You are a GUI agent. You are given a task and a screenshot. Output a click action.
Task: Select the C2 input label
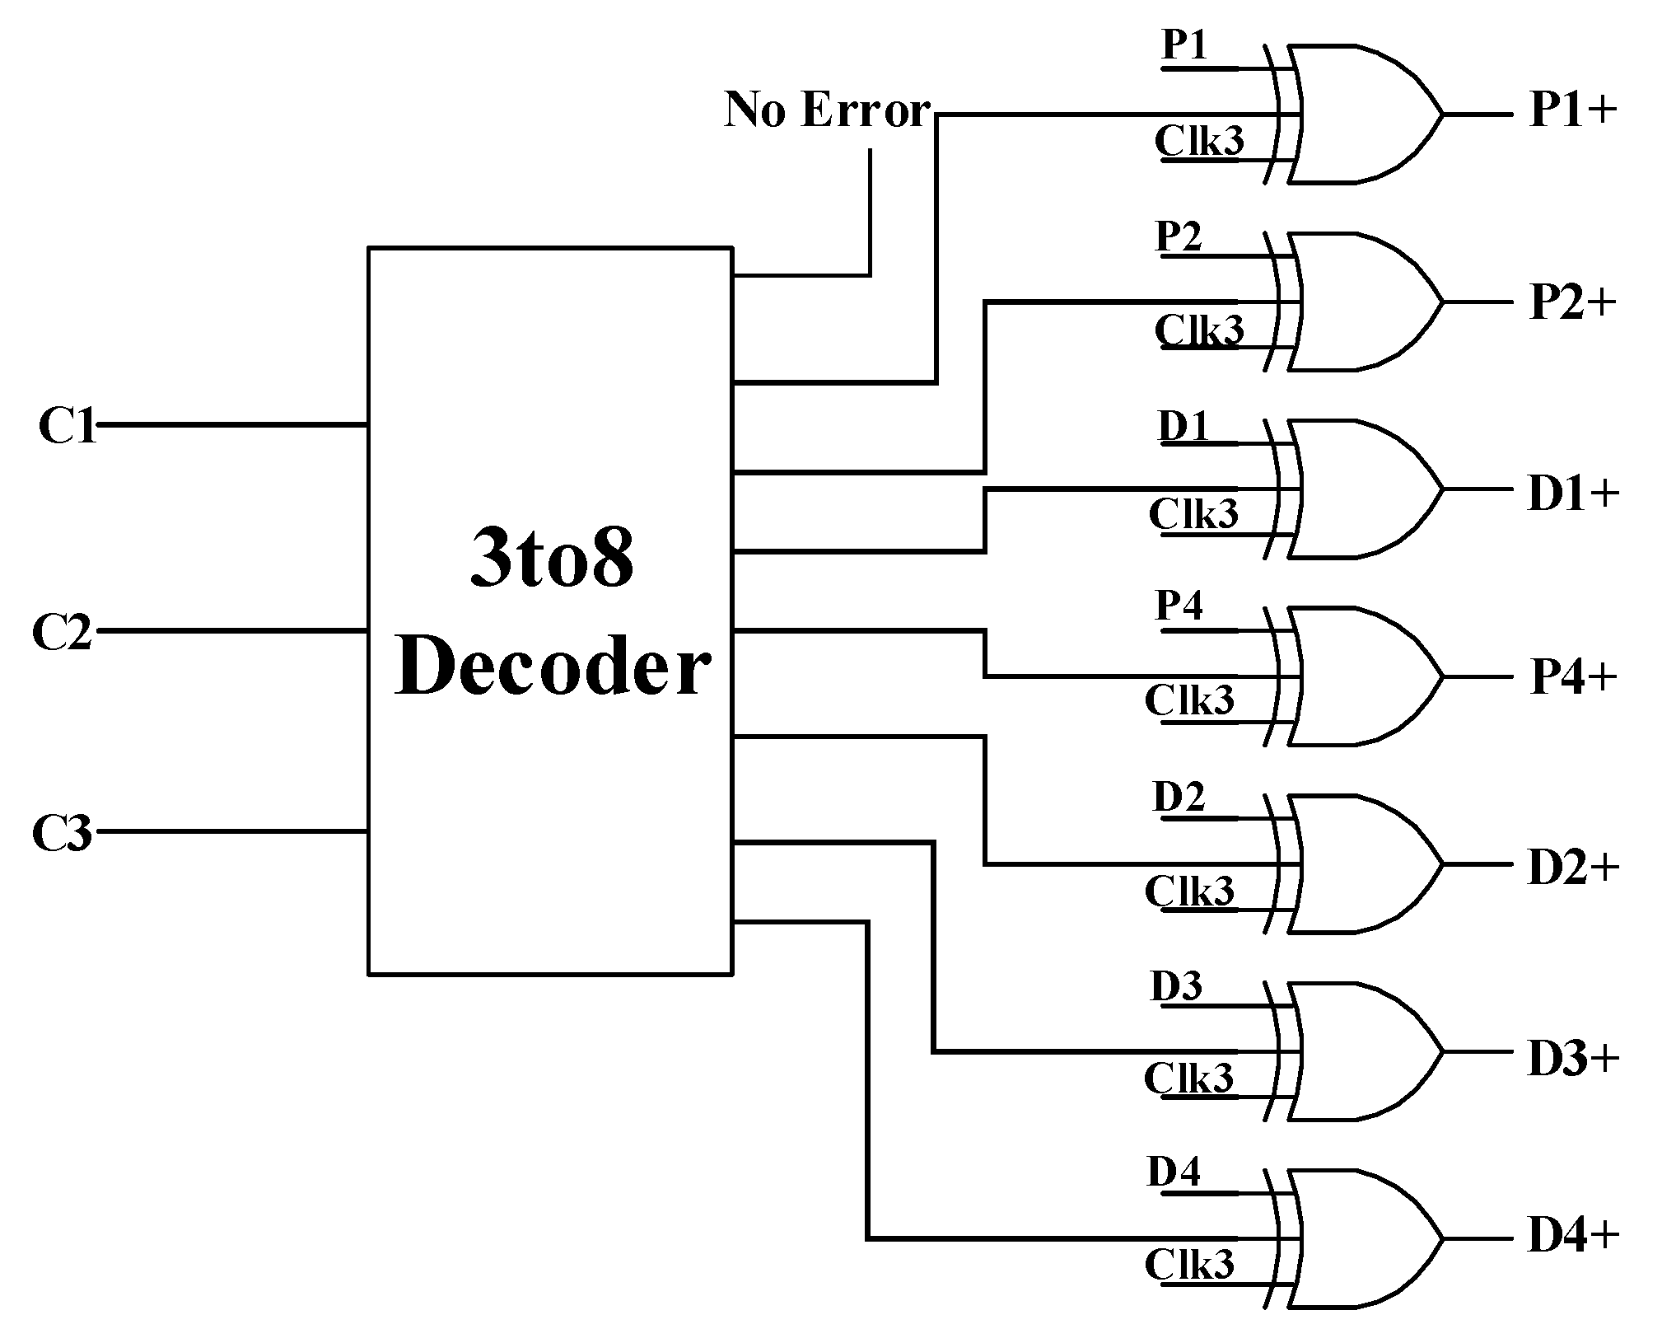click(62, 633)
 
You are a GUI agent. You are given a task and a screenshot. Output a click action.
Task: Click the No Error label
click(827, 110)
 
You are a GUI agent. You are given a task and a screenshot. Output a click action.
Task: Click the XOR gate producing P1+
click(1359, 114)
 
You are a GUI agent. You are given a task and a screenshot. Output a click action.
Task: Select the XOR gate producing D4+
click(1359, 1238)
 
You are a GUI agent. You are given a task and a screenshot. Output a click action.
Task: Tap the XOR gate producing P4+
click(1359, 677)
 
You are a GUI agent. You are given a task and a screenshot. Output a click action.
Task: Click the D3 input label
click(1176, 987)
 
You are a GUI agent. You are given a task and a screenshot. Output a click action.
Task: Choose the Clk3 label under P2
click(1198, 330)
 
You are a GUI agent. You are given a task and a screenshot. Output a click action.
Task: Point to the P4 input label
click(1179, 606)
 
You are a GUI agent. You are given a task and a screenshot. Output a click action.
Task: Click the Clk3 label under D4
click(1189, 1265)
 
